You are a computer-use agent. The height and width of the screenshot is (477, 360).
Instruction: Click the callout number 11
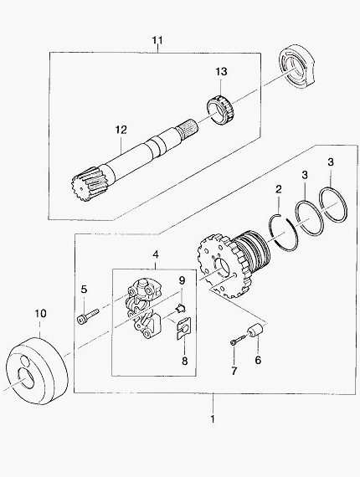pyautogui.click(x=157, y=40)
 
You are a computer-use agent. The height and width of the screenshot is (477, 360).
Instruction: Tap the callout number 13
pyautogui.click(x=222, y=72)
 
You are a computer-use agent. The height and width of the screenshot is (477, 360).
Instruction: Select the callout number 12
pyautogui.click(x=121, y=130)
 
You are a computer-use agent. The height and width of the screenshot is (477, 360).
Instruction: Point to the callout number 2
pyautogui.click(x=279, y=189)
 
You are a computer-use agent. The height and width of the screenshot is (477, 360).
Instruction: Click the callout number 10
pyautogui.click(x=40, y=313)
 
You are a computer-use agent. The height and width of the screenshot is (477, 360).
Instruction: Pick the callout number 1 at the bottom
pyautogui.click(x=213, y=418)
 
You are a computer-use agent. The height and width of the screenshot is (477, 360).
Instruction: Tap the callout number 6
pyautogui.click(x=258, y=360)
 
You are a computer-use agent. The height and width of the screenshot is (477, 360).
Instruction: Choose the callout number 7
pyautogui.click(x=234, y=371)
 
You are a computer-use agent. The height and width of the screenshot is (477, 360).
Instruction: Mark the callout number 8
pyautogui.click(x=185, y=361)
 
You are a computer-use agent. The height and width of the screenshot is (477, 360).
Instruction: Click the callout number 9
pyautogui.click(x=182, y=280)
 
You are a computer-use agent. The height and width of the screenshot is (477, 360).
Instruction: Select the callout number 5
pyautogui.click(x=84, y=290)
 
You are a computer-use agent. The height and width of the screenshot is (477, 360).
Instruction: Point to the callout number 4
pyautogui.click(x=156, y=254)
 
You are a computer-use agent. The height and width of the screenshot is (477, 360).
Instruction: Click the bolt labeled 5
pyautogui.click(x=89, y=315)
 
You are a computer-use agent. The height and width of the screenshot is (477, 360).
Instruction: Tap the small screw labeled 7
pyautogui.click(x=238, y=340)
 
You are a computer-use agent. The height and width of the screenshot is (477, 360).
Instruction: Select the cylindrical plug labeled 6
pyautogui.click(x=255, y=331)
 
